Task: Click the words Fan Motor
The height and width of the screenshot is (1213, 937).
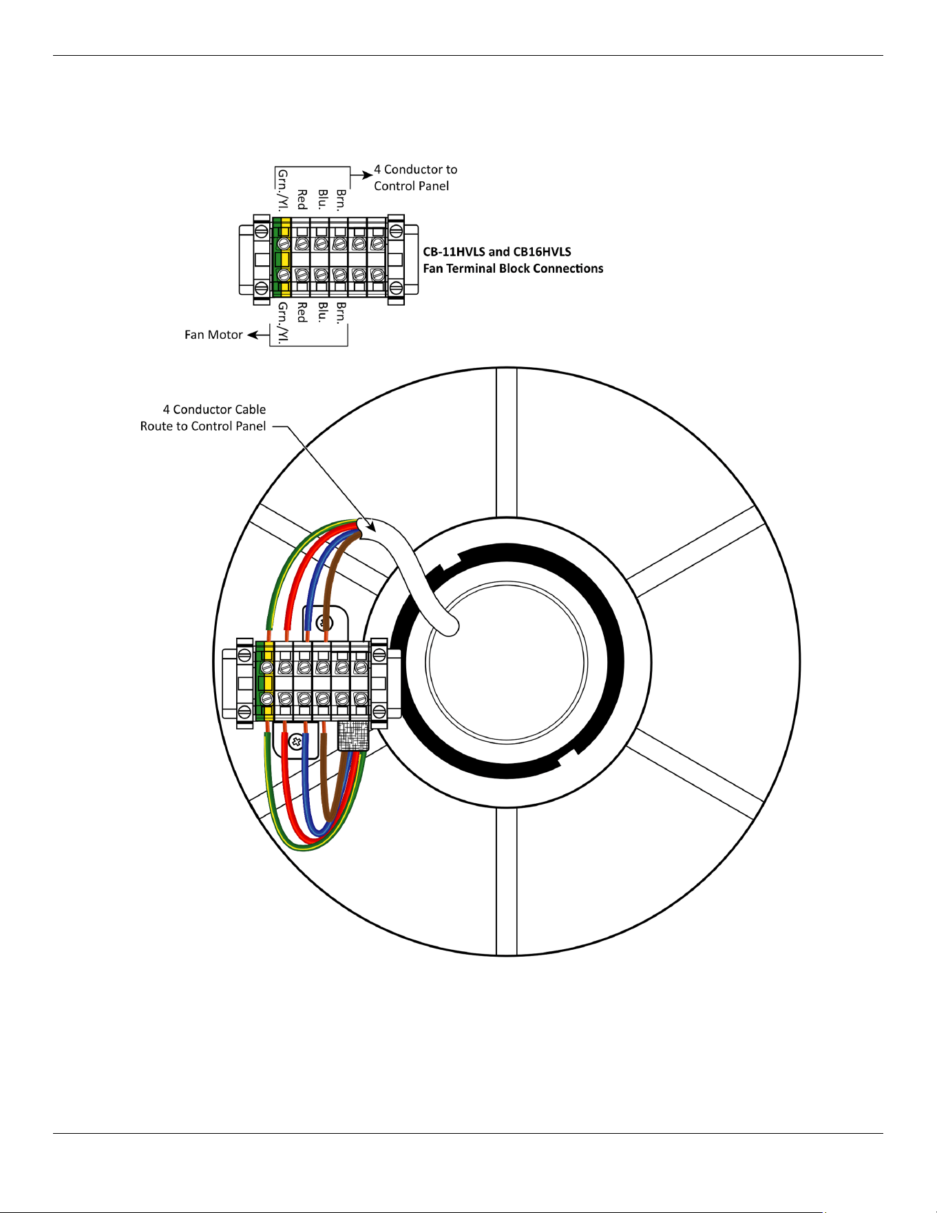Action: (x=213, y=335)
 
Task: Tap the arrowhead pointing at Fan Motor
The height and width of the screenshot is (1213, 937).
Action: (x=253, y=335)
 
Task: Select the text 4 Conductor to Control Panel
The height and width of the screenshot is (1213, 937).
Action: (x=415, y=178)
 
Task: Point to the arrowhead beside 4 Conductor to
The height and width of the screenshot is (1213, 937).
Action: (x=367, y=175)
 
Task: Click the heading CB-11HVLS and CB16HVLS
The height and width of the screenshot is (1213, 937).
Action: (x=497, y=252)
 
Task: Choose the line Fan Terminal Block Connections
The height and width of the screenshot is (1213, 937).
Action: (x=513, y=269)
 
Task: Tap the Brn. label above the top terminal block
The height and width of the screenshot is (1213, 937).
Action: (x=341, y=199)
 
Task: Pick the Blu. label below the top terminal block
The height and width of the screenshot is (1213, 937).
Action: (x=322, y=312)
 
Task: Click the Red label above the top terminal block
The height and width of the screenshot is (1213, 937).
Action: (x=302, y=199)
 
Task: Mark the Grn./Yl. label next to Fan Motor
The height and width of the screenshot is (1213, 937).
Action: (x=283, y=322)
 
